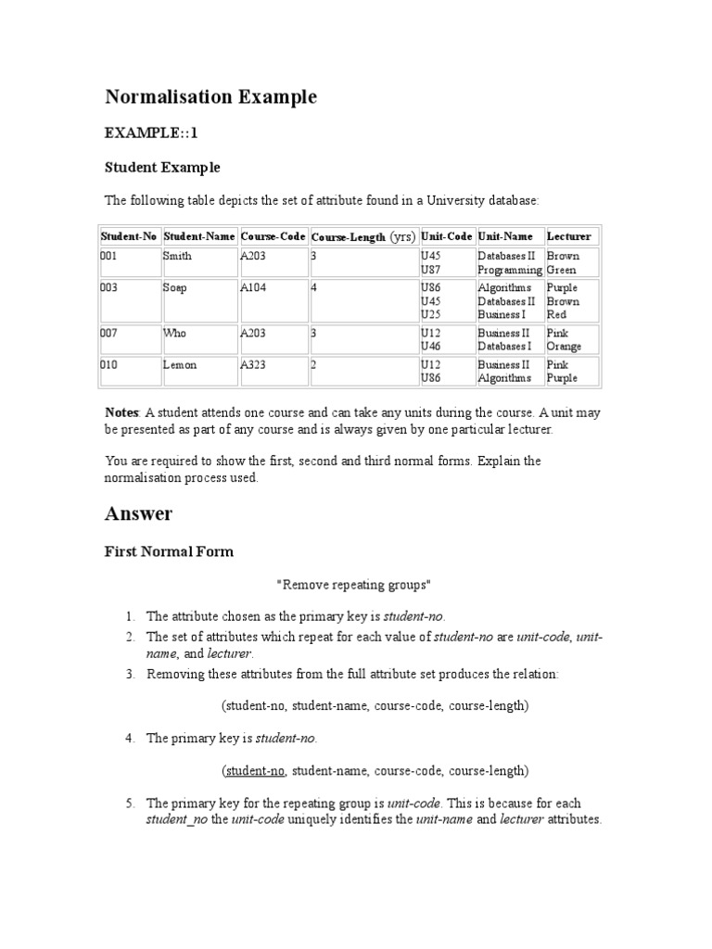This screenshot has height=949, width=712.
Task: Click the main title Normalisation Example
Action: click(210, 97)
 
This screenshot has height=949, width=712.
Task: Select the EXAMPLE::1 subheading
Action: click(151, 133)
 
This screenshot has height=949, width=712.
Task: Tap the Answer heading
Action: click(138, 512)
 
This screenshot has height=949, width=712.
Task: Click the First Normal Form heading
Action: click(169, 551)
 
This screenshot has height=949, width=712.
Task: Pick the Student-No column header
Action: click(129, 236)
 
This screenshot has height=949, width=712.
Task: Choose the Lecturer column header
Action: click(568, 236)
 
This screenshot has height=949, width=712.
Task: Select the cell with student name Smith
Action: click(177, 256)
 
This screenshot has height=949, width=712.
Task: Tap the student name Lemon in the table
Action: click(180, 365)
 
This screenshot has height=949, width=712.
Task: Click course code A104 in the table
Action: click(253, 288)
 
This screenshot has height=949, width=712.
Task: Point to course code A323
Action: click(253, 365)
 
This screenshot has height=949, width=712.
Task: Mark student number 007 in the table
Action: click(109, 333)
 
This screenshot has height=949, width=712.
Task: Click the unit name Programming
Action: click(509, 270)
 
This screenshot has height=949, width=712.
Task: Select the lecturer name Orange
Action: click(564, 347)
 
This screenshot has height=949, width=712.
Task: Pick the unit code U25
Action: click(430, 315)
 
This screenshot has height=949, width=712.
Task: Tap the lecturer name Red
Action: click(556, 315)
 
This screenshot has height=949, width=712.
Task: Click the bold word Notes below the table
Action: click(121, 411)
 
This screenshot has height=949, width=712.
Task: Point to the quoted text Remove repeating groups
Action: click(353, 585)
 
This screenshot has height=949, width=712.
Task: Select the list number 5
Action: click(131, 803)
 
